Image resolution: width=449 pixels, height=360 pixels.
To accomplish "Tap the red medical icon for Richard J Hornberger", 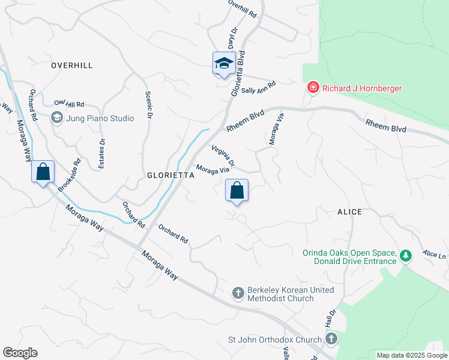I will tap(313, 88).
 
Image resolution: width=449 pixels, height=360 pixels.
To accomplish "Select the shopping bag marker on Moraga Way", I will tap(43, 172).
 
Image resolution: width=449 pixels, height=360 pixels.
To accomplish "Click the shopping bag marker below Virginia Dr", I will tap(237, 191).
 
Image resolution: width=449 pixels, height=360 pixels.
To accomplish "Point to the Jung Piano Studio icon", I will tap(58, 118).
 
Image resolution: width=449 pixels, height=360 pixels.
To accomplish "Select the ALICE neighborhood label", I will tap(349, 212).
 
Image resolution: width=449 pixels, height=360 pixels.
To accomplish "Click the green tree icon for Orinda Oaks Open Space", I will tap(406, 256).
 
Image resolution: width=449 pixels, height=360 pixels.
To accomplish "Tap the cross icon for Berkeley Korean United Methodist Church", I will tap(238, 293).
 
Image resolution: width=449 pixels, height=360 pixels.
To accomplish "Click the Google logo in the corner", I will tap(20, 353).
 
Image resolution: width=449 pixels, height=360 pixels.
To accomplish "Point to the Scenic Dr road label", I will tap(148, 104).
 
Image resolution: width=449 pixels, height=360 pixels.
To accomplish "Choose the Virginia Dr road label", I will tap(222, 155).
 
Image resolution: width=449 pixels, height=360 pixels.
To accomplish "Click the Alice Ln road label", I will tap(435, 255).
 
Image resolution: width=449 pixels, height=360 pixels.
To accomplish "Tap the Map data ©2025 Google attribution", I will tap(411, 355).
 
